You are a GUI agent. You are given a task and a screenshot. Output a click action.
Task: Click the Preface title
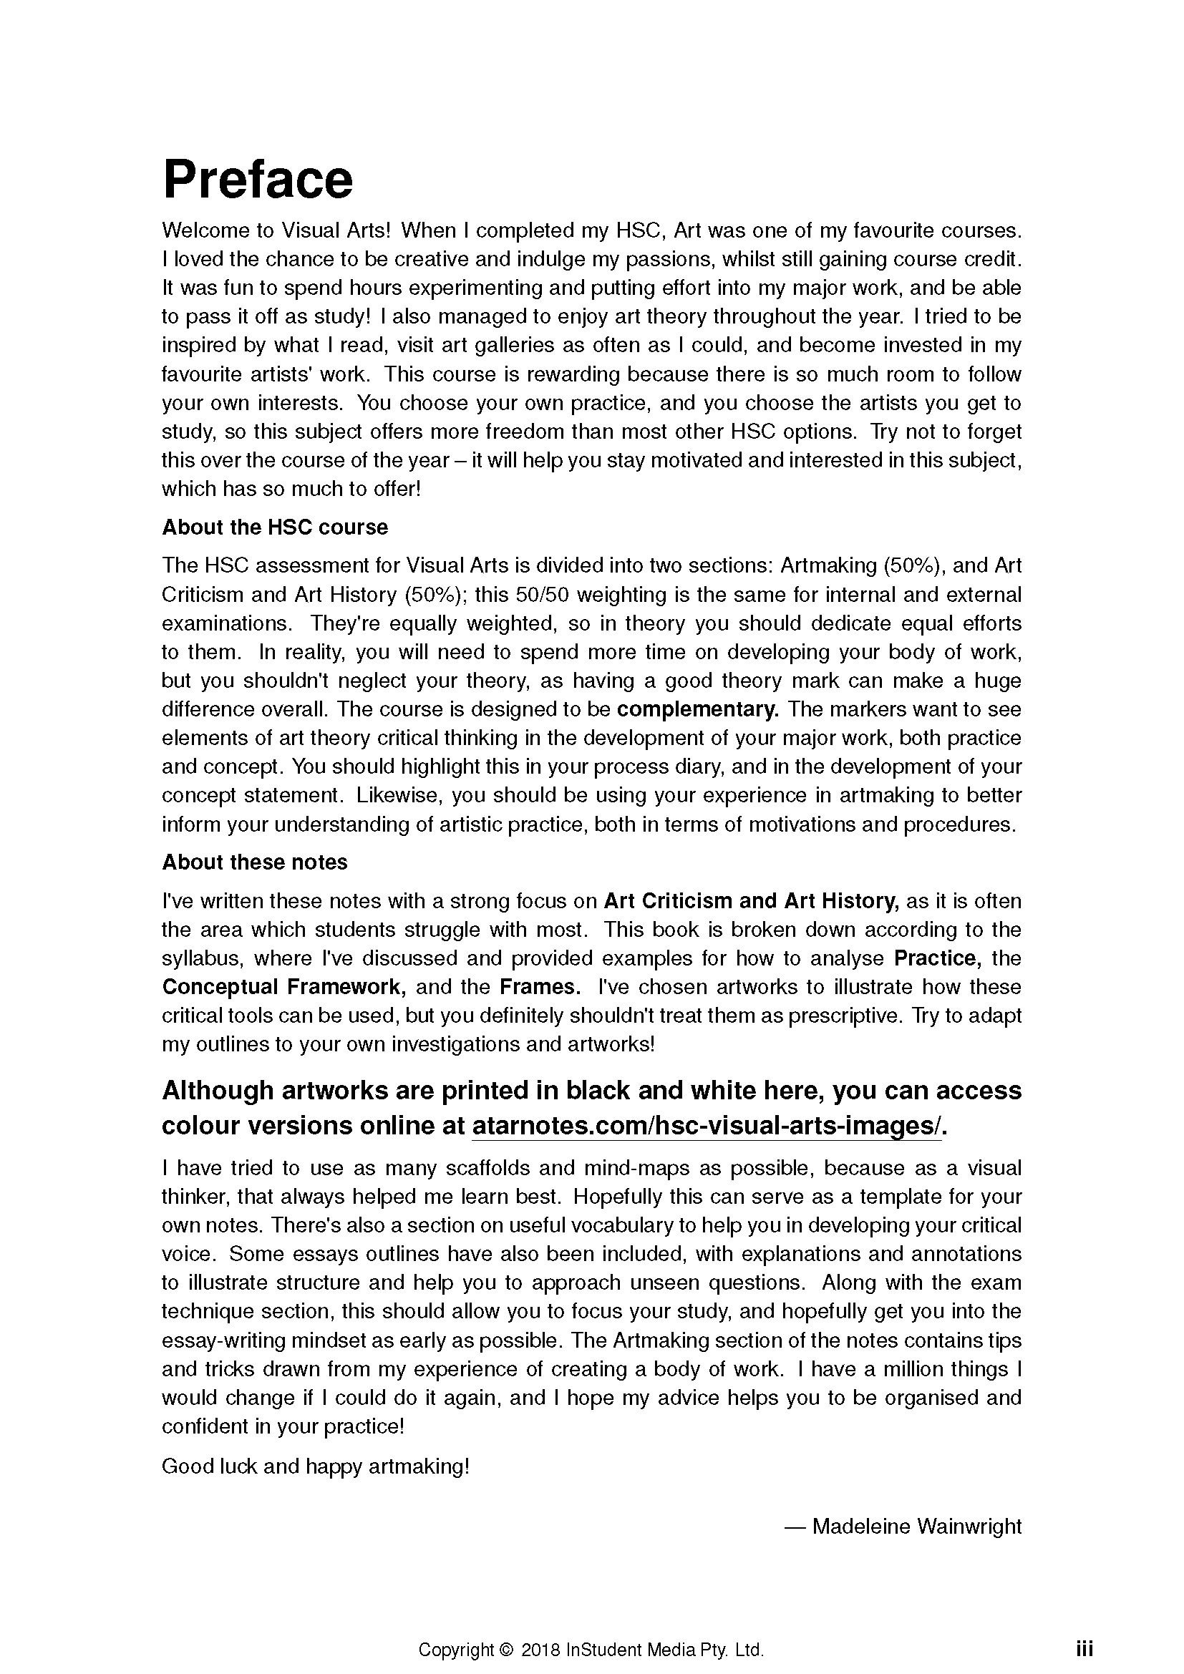pyautogui.click(x=258, y=180)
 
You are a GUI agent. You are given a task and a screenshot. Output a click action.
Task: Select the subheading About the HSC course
pyautogui.click(x=275, y=527)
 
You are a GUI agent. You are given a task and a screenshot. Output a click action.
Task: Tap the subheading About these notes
pyautogui.click(x=254, y=862)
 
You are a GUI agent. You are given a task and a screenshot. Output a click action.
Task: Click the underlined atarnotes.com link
pyautogui.click(x=707, y=1126)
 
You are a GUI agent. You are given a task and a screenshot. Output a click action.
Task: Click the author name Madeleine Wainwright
pyautogui.click(x=916, y=1526)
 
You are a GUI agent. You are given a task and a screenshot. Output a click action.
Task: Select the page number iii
pyautogui.click(x=1084, y=1649)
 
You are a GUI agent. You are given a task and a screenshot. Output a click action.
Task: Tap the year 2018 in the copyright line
pyautogui.click(x=541, y=1650)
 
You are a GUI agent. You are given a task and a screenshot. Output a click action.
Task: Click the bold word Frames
pyautogui.click(x=540, y=987)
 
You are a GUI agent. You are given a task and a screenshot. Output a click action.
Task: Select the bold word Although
pyautogui.click(x=215, y=1091)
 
